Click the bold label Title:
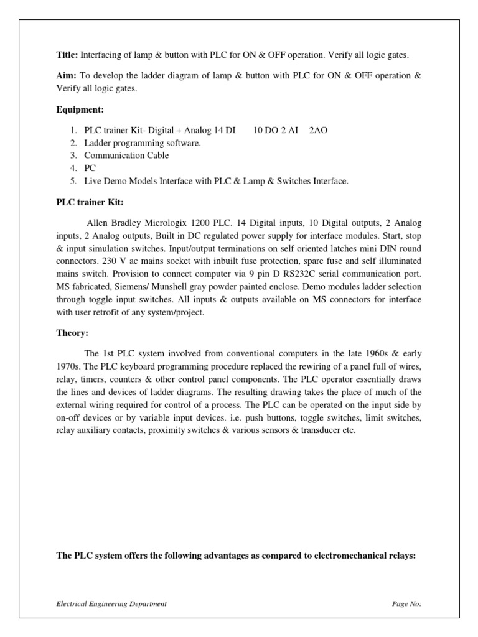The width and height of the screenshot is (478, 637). (67, 55)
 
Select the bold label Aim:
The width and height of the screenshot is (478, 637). (67, 75)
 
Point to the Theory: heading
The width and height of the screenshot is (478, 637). (73, 333)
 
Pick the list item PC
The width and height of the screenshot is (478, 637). (91, 168)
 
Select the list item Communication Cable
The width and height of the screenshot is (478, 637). (126, 156)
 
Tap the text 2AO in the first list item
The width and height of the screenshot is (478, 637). (318, 131)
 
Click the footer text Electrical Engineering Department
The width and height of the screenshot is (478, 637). (111, 603)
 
